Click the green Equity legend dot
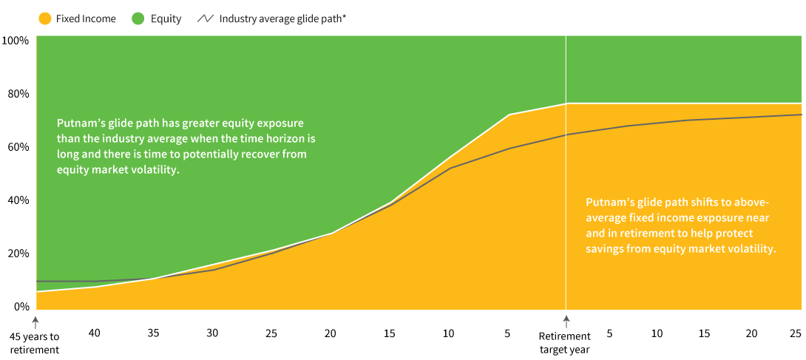[x=138, y=18]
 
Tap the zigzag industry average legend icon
[x=205, y=18]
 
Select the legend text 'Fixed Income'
[x=86, y=18]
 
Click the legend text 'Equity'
[x=166, y=18]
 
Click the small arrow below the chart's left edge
[x=35, y=322]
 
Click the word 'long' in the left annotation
[x=67, y=154]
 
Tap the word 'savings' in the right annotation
[x=604, y=249]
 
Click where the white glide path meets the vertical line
[x=566, y=103]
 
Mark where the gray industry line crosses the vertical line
[x=566, y=135]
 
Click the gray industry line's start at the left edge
[x=37, y=282]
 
